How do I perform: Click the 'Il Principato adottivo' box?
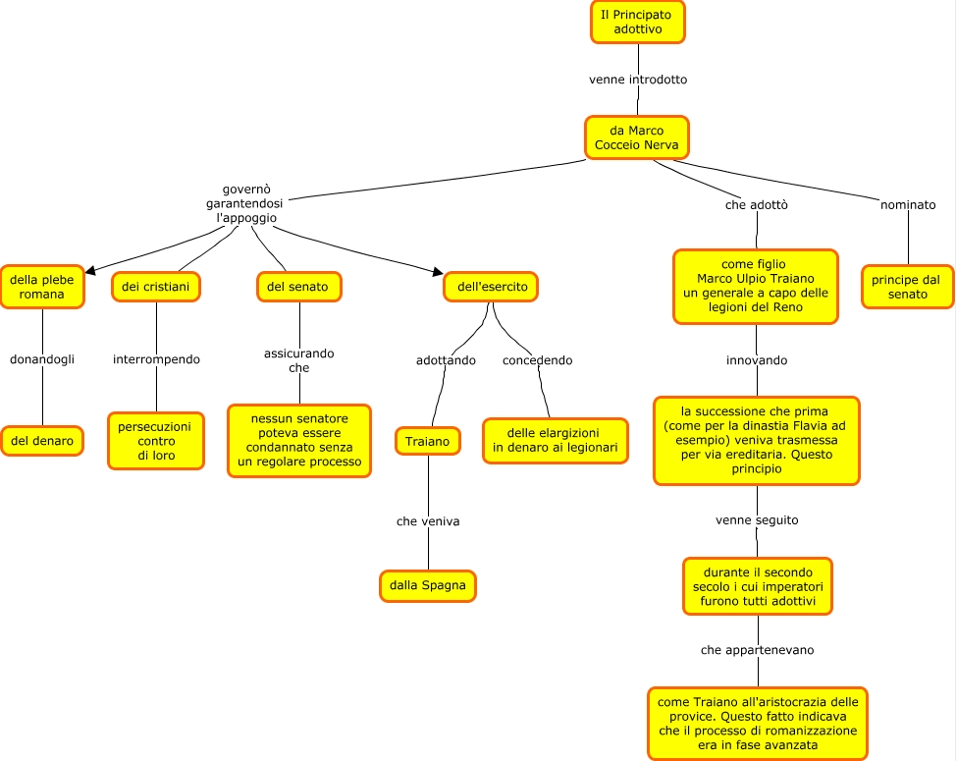[638, 22]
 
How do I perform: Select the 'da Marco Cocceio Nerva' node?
[637, 137]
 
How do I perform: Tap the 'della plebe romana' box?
[42, 287]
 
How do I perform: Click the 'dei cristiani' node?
[156, 286]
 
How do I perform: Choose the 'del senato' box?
[297, 286]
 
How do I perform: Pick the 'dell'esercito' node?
[486, 287]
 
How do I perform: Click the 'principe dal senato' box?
[906, 287]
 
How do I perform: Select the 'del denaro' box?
[42, 441]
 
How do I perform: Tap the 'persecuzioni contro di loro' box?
[156, 441]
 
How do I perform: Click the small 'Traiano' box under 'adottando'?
[428, 442]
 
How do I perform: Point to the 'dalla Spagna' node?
[428, 585]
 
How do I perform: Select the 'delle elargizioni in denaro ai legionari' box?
[555, 441]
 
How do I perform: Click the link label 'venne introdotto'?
[638, 80]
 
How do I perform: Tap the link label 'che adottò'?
[757, 205]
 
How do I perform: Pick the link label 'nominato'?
[908, 205]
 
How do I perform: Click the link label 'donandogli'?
[42, 359]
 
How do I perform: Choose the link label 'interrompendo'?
[156, 359]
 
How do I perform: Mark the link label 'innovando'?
[757, 360]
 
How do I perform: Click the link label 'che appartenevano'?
[758, 650]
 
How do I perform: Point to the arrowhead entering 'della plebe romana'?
[90, 270]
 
